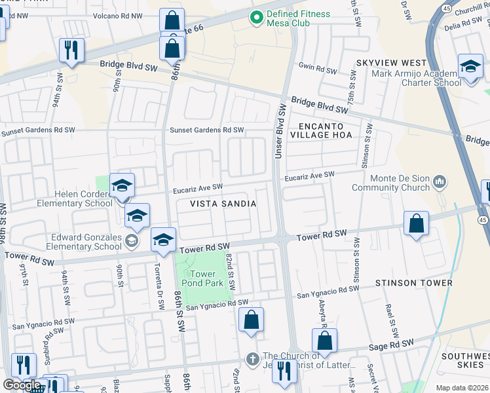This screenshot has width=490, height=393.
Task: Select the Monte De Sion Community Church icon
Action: pyautogui.click(x=440, y=180)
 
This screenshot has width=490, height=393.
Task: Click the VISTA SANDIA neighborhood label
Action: pyautogui.click(x=223, y=204)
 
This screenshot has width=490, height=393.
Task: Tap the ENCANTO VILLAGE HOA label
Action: pyautogui.click(x=325, y=130)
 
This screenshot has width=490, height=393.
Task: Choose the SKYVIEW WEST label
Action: pyautogui.click(x=386, y=62)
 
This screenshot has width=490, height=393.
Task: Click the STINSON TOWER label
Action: pyautogui.click(x=413, y=283)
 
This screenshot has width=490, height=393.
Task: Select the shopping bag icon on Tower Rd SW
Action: pyautogui.click(x=416, y=225)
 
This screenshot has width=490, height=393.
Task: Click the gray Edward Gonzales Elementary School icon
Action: pyautogui.click(x=131, y=242)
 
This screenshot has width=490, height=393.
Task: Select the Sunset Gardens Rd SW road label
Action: pyautogui.click(x=206, y=130)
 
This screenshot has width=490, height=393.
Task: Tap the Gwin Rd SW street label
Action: pyautogui.click(x=317, y=68)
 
